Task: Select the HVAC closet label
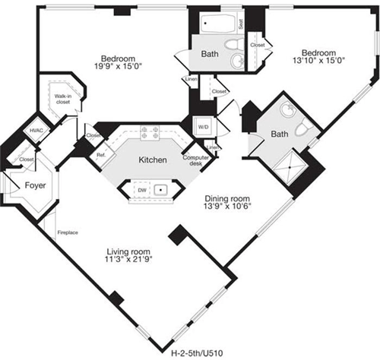click(x=36, y=131)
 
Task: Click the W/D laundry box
click(x=204, y=126)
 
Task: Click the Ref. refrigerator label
click(x=100, y=154)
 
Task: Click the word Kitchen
click(x=152, y=161)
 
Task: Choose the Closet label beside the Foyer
click(x=26, y=159)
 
